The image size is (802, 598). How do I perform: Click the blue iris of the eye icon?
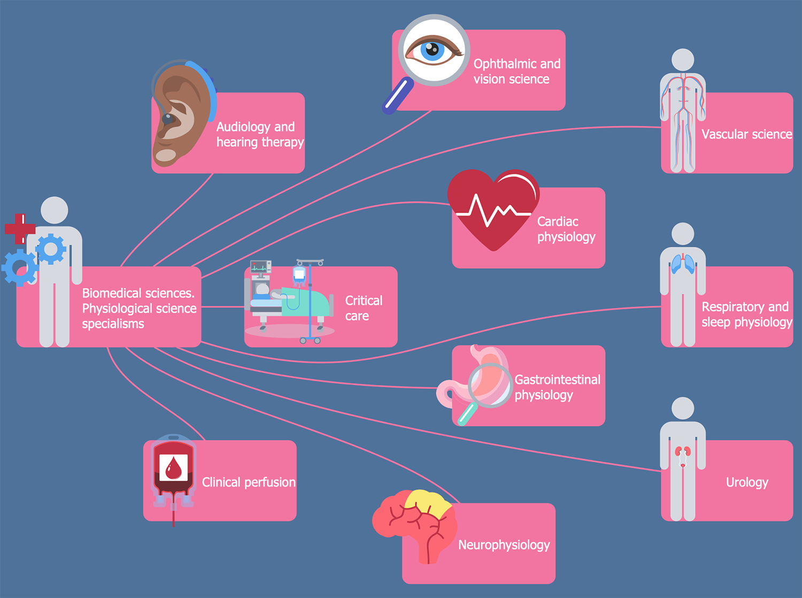[x=432, y=50]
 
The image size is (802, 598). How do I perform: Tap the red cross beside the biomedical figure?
[x=20, y=229]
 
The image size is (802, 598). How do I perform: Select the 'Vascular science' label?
[x=746, y=134]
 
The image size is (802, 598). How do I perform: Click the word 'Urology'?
[x=747, y=483]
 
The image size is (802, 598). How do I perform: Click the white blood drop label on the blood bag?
[x=174, y=468]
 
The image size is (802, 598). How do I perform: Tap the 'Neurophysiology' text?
[x=504, y=545]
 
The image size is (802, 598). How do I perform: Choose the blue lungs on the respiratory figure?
[x=683, y=264]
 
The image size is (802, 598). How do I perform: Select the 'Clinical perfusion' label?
[x=248, y=483]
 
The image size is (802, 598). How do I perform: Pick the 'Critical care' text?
[x=364, y=308]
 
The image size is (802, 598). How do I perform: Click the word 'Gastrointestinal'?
[x=557, y=380]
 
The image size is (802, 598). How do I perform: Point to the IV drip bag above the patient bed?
[x=299, y=275]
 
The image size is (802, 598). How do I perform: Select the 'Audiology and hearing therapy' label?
[x=259, y=135]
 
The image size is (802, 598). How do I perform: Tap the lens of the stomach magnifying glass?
[x=489, y=385]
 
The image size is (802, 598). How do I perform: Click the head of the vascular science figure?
[x=683, y=60]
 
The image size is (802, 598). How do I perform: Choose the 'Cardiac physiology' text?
[x=566, y=229]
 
